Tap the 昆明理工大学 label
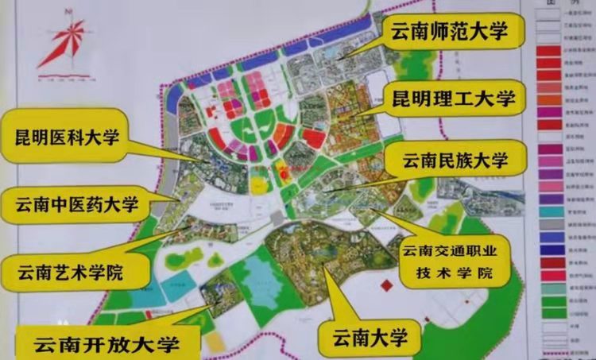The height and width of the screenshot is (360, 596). pos(454,99)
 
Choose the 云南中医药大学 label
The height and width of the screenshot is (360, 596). pos(76,207)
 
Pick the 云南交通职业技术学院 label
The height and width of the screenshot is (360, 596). pos(453,263)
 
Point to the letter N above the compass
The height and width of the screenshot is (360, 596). pos(69,11)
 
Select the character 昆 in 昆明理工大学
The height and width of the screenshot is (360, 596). pos(401,99)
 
